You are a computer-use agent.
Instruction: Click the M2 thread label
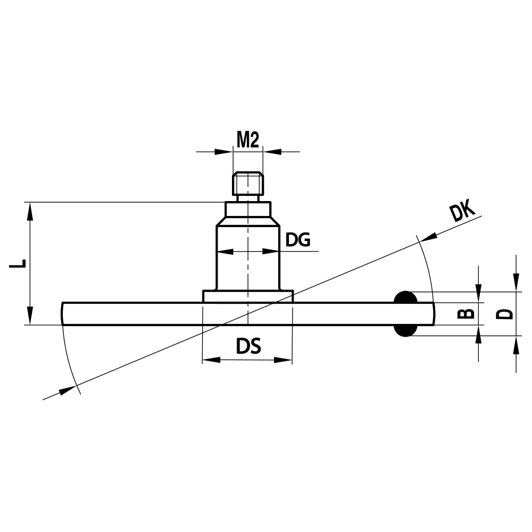(x=247, y=140)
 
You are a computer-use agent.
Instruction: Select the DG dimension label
(x=298, y=240)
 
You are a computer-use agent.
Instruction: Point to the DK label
(x=461, y=212)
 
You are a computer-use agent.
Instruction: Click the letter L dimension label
(x=18, y=263)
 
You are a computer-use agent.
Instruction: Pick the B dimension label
(x=466, y=313)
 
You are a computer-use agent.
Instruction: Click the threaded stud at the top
(x=248, y=184)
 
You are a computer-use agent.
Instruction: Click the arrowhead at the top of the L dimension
(x=30, y=211)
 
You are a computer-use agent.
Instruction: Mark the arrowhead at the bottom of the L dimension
(x=30, y=315)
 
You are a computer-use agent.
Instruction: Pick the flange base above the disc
(x=248, y=296)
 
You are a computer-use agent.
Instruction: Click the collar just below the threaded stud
(x=248, y=209)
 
